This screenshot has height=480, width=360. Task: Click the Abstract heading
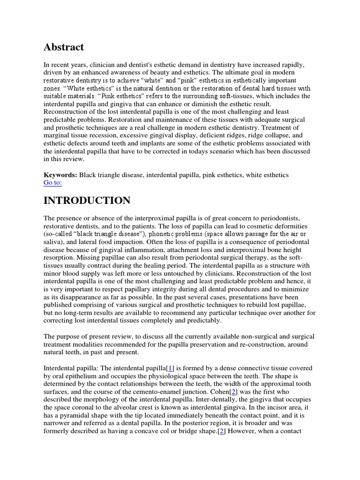64,47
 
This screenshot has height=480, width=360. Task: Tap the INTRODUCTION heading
87,201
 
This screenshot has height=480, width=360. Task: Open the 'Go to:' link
52,183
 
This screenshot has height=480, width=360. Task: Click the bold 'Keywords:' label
60,175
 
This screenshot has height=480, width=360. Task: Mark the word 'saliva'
54,242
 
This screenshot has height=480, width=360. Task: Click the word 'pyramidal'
80,415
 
